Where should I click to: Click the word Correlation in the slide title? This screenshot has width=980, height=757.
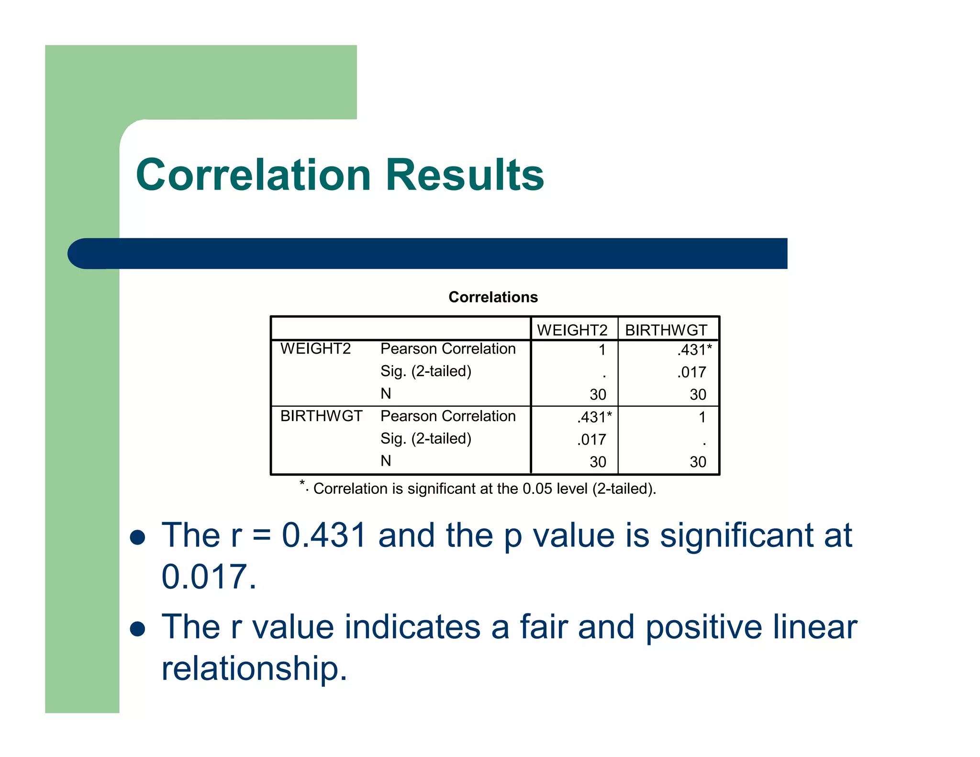254,175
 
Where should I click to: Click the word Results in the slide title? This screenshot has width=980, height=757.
465,175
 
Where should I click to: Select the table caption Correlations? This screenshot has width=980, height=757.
493,297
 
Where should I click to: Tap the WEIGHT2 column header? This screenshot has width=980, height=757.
572,330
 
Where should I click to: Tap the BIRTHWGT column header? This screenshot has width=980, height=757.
666,330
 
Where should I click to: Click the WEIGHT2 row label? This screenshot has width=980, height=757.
315,349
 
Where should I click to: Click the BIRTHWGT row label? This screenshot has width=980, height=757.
321,416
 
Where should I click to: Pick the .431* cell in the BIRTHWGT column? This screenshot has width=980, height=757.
694,350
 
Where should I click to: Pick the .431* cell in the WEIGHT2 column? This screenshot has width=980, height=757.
594,417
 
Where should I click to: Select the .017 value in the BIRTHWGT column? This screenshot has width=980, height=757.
691,372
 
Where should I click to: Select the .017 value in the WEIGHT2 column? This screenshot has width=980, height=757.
591,440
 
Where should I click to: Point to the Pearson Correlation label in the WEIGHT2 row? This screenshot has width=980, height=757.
448,349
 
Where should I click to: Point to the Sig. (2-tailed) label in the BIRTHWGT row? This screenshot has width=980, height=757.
426,439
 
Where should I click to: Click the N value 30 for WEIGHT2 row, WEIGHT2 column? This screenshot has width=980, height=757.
598,395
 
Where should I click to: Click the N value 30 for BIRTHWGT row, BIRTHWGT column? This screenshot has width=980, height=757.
698,462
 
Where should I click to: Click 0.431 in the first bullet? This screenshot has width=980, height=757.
324,535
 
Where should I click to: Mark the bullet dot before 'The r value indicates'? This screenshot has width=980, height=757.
138,629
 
